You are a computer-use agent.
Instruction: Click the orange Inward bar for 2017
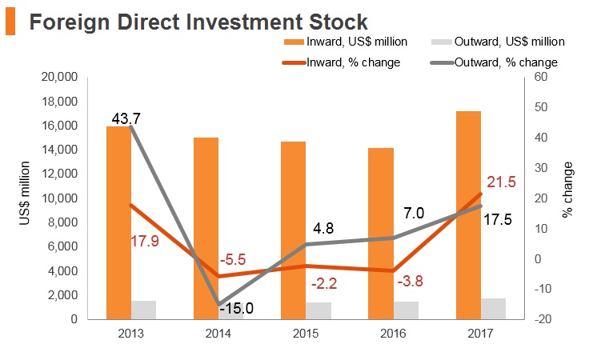coord(468,215)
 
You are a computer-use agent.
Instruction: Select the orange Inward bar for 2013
coord(118,223)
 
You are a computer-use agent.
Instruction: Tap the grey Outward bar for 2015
coord(319,311)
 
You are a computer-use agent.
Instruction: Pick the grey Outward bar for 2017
coord(493,309)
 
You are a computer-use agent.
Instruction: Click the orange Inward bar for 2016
coord(381,234)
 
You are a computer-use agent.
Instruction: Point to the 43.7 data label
coord(126,118)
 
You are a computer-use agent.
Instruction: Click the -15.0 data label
coord(238,308)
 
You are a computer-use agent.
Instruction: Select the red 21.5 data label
coord(501,182)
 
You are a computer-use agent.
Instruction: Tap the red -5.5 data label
coord(233,260)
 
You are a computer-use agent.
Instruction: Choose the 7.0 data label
coord(414,213)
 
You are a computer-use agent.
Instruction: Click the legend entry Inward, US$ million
coord(346,42)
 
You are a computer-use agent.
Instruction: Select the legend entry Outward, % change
coord(495,62)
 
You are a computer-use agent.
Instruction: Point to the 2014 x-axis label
coord(218,334)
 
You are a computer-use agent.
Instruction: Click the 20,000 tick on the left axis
coord(59,77)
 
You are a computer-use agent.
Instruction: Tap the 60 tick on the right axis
coord(540,77)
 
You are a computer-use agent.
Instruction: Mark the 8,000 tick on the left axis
coord(63,222)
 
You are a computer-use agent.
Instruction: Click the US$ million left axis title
coord(24,193)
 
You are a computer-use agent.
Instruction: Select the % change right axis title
coord(567,190)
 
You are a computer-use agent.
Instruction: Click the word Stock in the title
coord(339,22)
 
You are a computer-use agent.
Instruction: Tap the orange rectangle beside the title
coord(10,22)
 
